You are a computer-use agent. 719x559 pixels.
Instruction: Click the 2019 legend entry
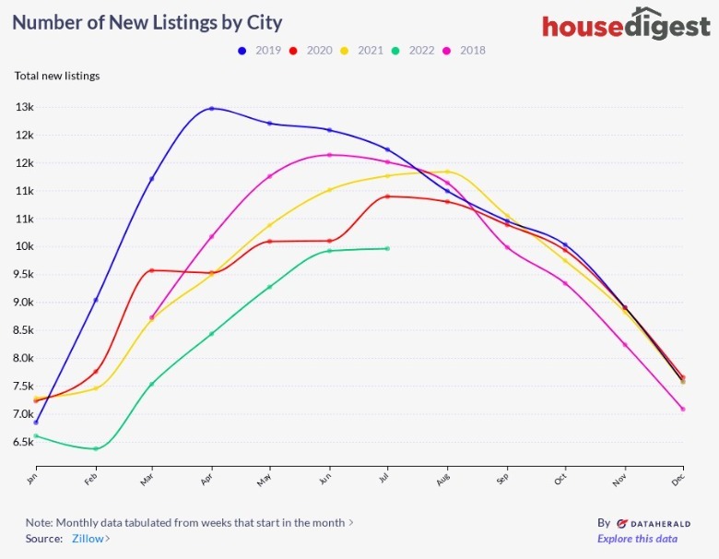pos(261,50)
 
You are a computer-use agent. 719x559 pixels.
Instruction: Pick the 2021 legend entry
pos(362,50)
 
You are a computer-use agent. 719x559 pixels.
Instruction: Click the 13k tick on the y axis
pos(24,107)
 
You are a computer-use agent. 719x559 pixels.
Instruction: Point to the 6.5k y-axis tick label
pos(24,442)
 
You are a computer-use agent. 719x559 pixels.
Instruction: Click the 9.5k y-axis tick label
pos(24,275)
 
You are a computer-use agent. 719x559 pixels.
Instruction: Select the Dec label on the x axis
pos(680,478)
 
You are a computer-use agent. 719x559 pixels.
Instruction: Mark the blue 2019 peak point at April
pos(212,109)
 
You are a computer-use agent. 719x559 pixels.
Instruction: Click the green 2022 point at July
pos(387,248)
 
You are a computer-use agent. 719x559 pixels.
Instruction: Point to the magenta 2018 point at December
pos(683,409)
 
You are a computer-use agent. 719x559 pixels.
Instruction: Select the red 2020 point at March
pos(152,270)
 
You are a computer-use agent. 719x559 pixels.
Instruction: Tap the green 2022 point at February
pos(94,449)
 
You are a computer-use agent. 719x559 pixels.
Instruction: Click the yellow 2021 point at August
pos(447,172)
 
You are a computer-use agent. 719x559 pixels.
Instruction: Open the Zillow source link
pos(90,539)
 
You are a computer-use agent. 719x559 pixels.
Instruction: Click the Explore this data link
pos(637,539)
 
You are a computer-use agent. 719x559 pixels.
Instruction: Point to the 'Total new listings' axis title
pos(57,76)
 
